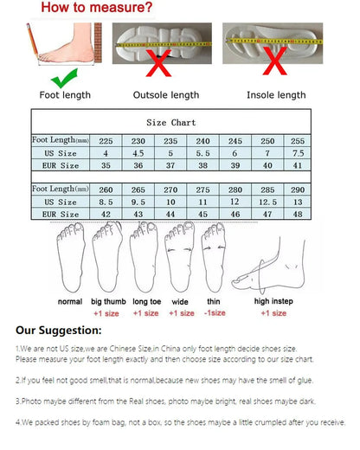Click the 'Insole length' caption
[276, 95]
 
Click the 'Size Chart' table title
[171, 123]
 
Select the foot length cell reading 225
[106, 140]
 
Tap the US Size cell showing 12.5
[269, 201]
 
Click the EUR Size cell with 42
[106, 213]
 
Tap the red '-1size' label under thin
[215, 313]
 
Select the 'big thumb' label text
[108, 302]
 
